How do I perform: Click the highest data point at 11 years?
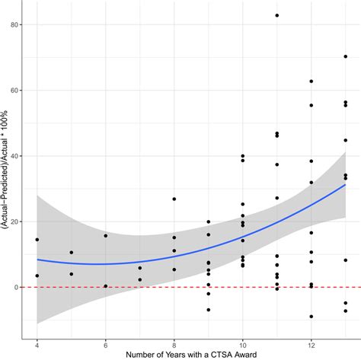[x=277, y=15]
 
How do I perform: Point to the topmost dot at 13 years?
[x=345, y=56]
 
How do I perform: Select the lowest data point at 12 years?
[x=311, y=317]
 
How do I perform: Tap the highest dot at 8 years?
[x=174, y=199]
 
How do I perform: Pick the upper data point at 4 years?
[x=37, y=240]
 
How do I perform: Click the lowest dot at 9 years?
[x=208, y=310]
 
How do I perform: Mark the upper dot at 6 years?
[x=105, y=236]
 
